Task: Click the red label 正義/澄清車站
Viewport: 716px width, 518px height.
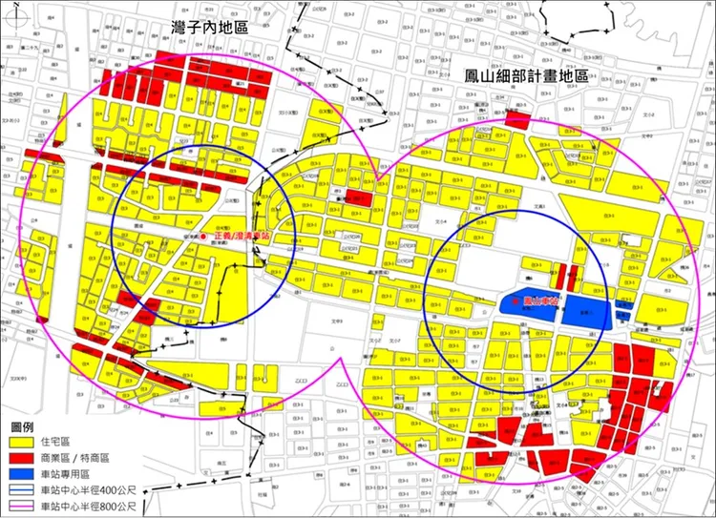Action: (x=237, y=235)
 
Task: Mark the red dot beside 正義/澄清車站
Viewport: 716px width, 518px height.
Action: (x=203, y=235)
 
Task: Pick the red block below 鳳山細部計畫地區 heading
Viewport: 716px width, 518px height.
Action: (x=517, y=121)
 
